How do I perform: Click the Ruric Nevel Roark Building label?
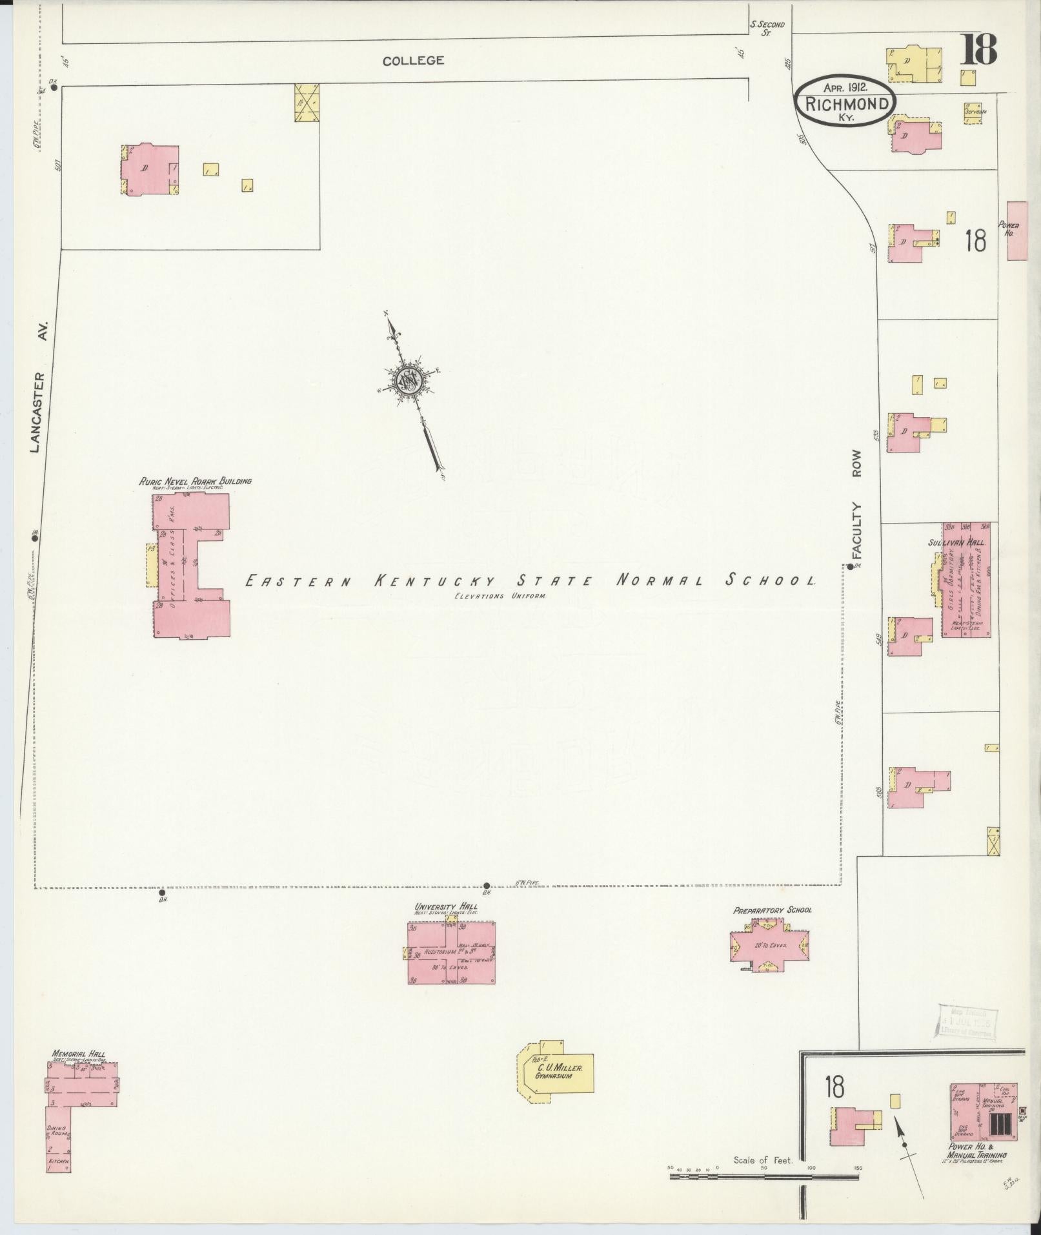point(195,481)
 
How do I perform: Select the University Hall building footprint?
point(451,952)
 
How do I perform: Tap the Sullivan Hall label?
point(956,542)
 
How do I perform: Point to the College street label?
point(413,61)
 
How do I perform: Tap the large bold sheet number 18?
point(978,50)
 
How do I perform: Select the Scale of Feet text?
point(762,1160)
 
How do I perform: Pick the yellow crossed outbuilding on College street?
point(307,103)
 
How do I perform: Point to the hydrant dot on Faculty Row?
point(851,567)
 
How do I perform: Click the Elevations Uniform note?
point(499,596)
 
